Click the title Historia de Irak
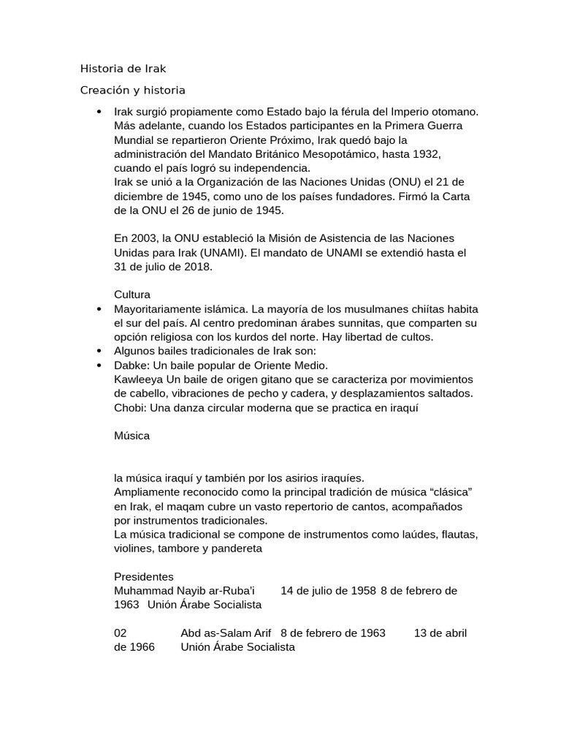tap(123, 69)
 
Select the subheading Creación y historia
tap(132, 91)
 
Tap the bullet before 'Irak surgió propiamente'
tap(99, 112)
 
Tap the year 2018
tap(198, 267)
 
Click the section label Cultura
tap(132, 294)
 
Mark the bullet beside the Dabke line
tap(99, 365)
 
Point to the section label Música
tap(132, 435)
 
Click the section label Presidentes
tap(144, 576)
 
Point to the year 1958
tap(362, 590)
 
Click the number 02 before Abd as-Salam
tap(121, 633)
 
